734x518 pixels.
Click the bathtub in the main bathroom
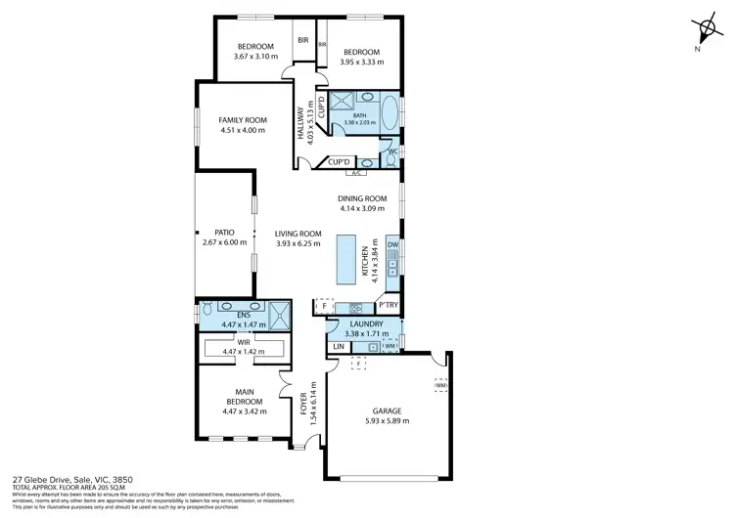tap(389, 112)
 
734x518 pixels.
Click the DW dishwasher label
tap(391, 244)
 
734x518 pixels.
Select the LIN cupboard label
tap(339, 347)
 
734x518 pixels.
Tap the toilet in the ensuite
tap(206, 311)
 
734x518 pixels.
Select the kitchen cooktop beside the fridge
tap(355, 307)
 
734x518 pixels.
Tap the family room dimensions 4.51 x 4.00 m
tap(243, 130)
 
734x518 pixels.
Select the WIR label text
tap(243, 342)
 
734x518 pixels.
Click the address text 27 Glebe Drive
tap(45, 480)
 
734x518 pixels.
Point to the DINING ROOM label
tap(362, 198)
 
